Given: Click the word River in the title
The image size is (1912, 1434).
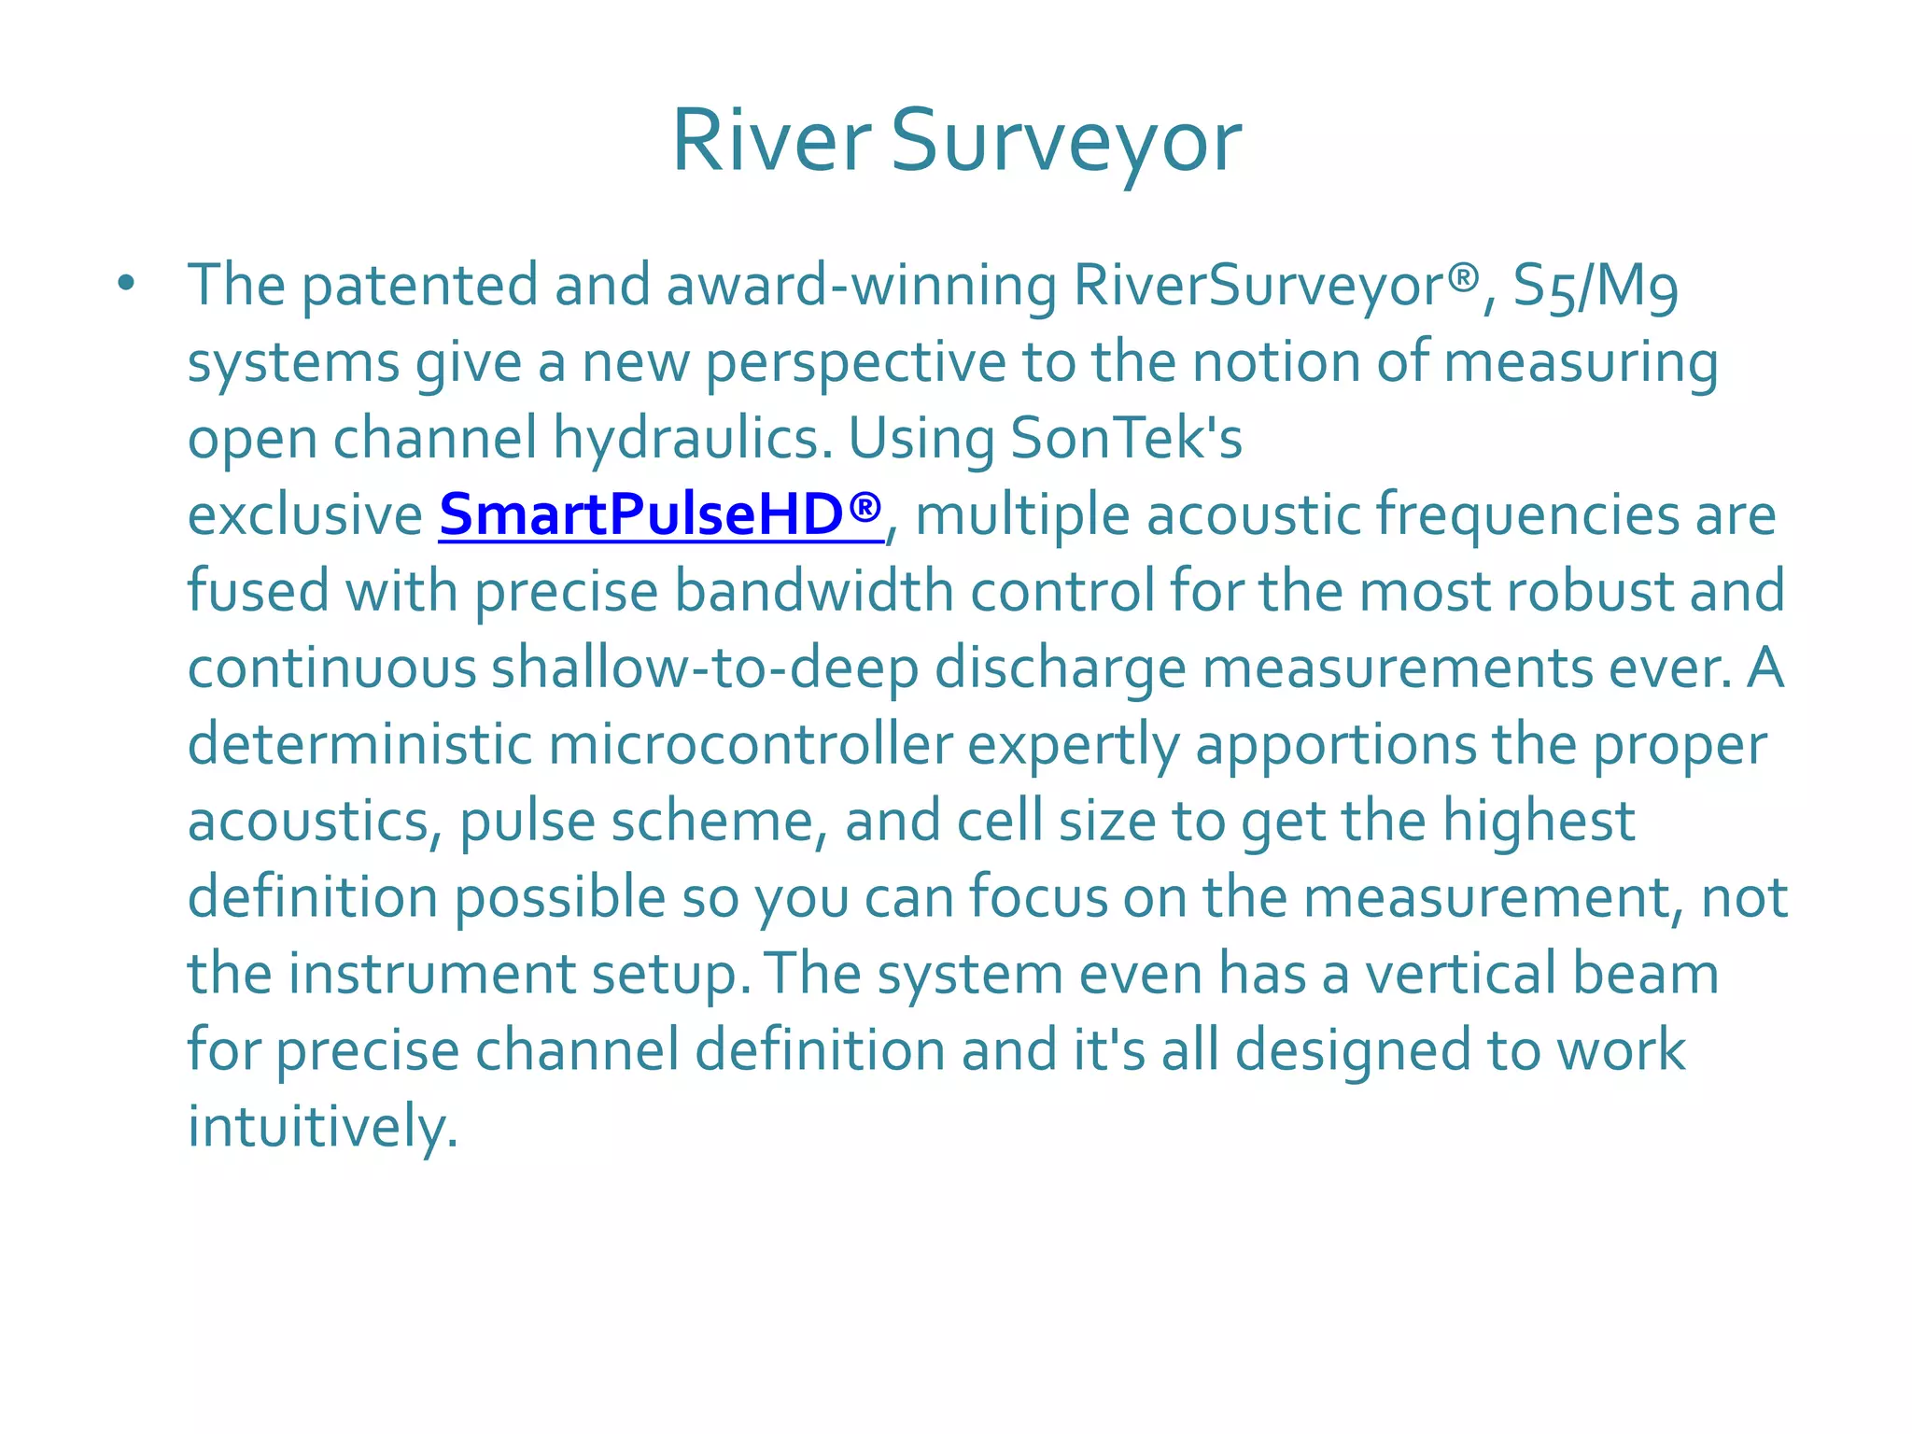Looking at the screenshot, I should click(x=770, y=142).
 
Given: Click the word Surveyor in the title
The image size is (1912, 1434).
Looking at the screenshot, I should click(x=1065, y=142).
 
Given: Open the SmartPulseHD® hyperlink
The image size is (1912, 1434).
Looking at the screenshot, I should click(x=660, y=514).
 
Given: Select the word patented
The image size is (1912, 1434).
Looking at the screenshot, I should click(x=420, y=285).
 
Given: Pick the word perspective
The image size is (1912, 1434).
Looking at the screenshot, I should click(x=855, y=362).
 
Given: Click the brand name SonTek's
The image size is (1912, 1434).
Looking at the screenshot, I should click(x=1127, y=438).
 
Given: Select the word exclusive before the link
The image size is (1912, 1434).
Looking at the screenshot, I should click(x=305, y=514).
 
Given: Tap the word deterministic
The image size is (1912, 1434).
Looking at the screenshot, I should click(x=359, y=745).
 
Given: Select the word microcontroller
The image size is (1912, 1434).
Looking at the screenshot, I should click(x=751, y=745).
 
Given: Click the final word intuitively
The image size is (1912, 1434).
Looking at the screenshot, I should click(x=323, y=1127).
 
